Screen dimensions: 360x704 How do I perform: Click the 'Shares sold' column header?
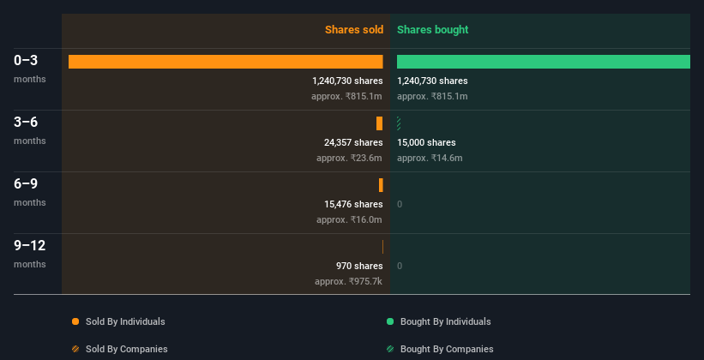tap(353, 30)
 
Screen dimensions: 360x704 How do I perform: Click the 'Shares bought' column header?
tap(432, 30)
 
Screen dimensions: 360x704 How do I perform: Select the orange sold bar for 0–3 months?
tap(226, 62)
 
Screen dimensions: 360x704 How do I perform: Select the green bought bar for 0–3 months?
tap(543, 62)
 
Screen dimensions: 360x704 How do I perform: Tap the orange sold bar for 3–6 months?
tap(379, 123)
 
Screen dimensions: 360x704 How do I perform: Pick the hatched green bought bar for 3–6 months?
tap(399, 123)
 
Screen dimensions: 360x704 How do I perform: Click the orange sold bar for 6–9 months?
tap(381, 185)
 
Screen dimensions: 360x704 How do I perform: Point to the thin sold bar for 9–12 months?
tap(382, 247)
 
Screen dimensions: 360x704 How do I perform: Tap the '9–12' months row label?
tap(29, 246)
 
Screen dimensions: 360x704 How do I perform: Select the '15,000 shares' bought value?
tap(426, 142)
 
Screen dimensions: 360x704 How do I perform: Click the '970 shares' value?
tap(359, 266)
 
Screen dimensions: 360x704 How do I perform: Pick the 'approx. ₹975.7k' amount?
tap(348, 281)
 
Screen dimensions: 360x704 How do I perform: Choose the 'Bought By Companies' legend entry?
tap(447, 349)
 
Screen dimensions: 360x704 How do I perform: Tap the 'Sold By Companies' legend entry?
tap(126, 349)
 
